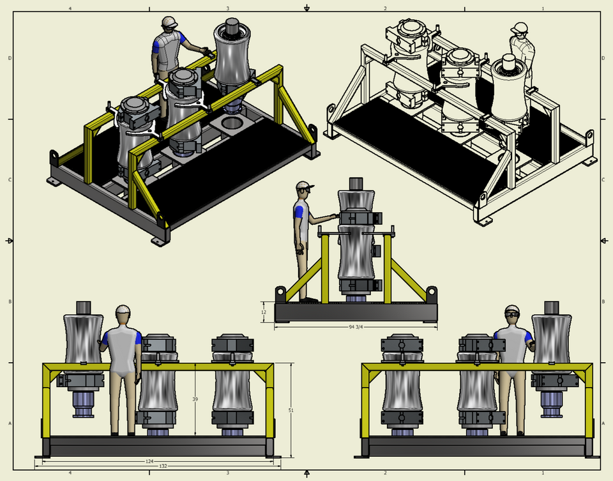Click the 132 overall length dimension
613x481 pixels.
163,466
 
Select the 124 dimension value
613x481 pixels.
149,461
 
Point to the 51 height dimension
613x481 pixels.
291,410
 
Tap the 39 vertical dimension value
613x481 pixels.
195,399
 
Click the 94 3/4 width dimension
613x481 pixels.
356,327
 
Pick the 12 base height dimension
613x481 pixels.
264,312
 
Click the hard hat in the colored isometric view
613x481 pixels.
169,22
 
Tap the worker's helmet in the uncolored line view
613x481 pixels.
520,27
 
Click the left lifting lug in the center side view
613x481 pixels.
280,293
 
